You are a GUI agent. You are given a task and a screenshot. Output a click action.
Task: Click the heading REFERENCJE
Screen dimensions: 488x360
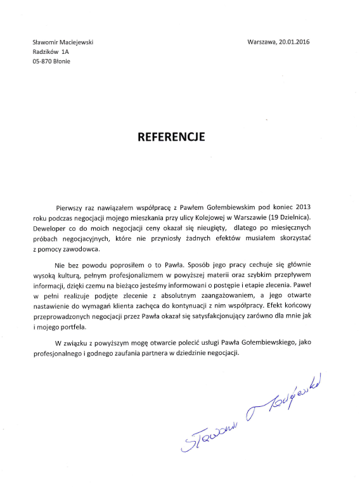point(172,136)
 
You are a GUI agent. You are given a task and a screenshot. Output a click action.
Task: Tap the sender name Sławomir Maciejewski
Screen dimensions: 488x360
point(63,42)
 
